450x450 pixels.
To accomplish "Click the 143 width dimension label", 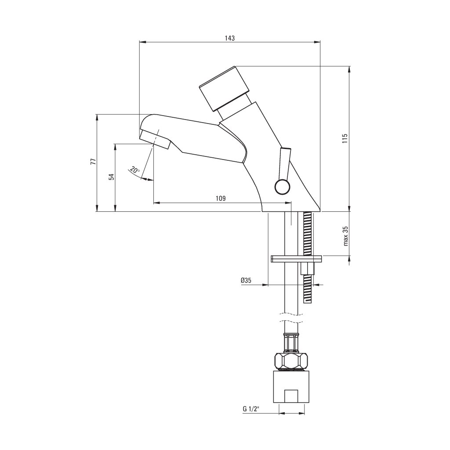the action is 229,38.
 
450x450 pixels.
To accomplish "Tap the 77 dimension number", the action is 93,162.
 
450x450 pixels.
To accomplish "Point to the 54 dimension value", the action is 112,177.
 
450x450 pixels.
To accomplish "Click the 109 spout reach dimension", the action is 221,198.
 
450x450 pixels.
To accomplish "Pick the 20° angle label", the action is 134,170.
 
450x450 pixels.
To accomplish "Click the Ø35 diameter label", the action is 246,280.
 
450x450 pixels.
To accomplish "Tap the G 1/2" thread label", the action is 251,409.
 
